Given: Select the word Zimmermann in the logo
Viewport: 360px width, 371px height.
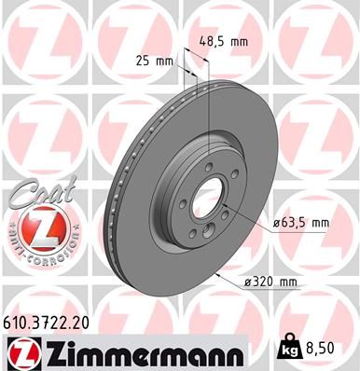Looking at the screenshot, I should (x=136, y=354).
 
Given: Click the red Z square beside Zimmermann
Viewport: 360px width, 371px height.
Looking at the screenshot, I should (x=18, y=354).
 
